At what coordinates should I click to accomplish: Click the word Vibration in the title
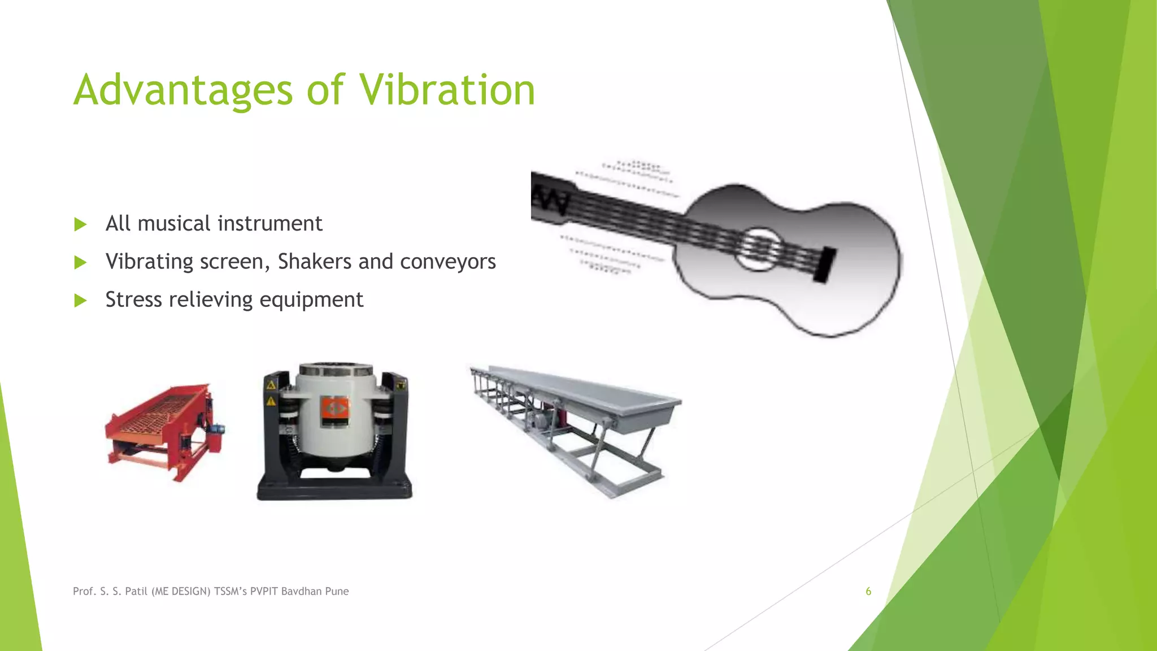(x=447, y=90)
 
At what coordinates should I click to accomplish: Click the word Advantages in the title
(x=183, y=90)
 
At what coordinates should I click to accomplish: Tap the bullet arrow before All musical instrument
(x=80, y=224)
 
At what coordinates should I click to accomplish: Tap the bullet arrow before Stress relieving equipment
(x=80, y=300)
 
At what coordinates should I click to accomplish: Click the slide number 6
(x=868, y=591)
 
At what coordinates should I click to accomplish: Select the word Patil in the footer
(x=136, y=591)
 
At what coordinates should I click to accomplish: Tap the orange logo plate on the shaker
(x=335, y=410)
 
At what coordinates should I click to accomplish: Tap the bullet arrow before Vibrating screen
(x=80, y=262)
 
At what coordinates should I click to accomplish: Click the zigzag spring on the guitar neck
(x=550, y=201)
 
